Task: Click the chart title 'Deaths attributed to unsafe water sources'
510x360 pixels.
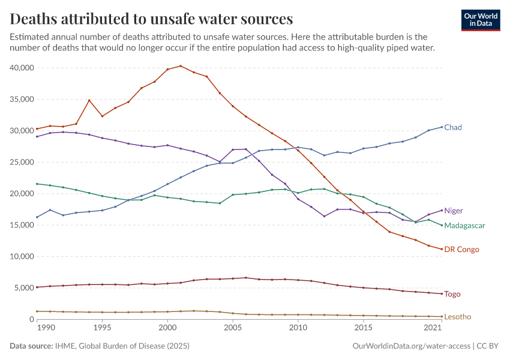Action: [151, 19]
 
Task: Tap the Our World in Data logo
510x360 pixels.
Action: [481, 20]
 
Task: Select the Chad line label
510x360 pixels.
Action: [453, 127]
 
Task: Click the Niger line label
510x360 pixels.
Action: [454, 211]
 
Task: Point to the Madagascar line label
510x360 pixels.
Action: [464, 226]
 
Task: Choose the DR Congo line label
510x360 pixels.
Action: [461, 249]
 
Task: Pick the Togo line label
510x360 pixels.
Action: [452, 294]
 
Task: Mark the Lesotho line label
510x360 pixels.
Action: [457, 317]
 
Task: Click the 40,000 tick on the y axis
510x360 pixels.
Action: [22, 68]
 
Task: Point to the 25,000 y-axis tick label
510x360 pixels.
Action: [22, 162]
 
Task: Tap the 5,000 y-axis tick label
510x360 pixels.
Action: [24, 288]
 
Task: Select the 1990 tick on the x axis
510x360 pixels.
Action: [50, 328]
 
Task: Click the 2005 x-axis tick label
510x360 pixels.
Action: [233, 328]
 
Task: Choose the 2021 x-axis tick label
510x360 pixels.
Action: [433, 328]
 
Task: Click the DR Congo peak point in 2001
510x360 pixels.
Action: [181, 66]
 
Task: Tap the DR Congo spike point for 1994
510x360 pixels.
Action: [89, 100]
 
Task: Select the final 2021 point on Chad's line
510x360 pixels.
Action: [442, 127]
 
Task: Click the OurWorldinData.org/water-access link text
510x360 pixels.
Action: [410, 346]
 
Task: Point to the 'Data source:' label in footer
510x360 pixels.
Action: [31, 346]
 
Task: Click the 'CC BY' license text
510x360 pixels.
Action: [489, 346]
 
